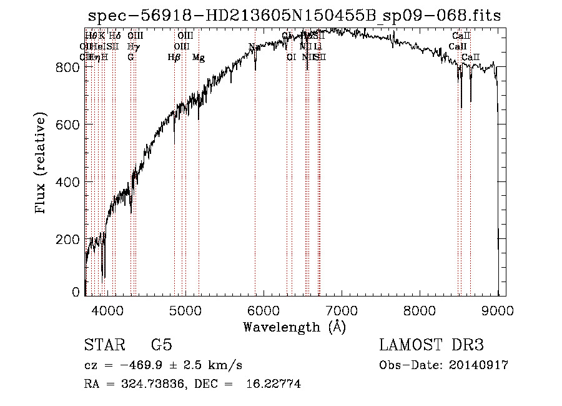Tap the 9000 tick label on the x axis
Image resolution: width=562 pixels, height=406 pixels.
[x=498, y=309]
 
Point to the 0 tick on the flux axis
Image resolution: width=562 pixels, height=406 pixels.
[x=76, y=292]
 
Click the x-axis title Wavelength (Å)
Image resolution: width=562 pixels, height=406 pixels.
[x=294, y=327]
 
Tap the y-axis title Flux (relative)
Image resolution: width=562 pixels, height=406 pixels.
[x=41, y=164]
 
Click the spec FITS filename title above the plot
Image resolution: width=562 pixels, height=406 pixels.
[x=294, y=16]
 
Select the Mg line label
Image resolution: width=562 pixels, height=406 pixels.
[x=198, y=58]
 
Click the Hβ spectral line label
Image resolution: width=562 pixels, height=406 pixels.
[x=174, y=58]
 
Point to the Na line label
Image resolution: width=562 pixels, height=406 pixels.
[x=254, y=47]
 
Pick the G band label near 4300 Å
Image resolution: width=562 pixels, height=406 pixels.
[x=131, y=58]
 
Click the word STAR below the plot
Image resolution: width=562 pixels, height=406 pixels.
[x=102, y=345]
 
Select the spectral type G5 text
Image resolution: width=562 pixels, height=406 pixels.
[x=162, y=345]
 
